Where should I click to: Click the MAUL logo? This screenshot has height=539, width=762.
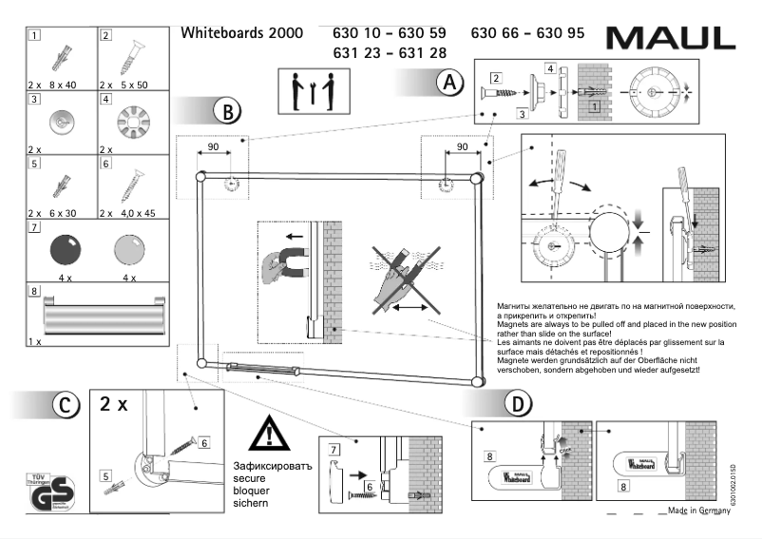click(x=670, y=38)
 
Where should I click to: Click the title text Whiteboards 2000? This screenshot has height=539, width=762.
click(x=241, y=32)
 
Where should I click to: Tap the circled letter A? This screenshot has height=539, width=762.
click(x=449, y=83)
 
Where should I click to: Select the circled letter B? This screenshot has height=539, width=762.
click(x=226, y=111)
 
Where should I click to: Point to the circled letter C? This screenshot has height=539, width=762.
click(x=63, y=404)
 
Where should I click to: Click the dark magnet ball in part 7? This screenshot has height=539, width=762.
click(x=65, y=250)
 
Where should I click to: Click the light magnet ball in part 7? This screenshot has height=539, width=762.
click(x=129, y=250)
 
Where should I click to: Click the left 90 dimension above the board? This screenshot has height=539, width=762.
click(x=213, y=147)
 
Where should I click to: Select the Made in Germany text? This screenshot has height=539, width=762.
click(x=698, y=510)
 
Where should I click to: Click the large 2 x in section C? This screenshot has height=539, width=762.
click(x=115, y=404)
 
